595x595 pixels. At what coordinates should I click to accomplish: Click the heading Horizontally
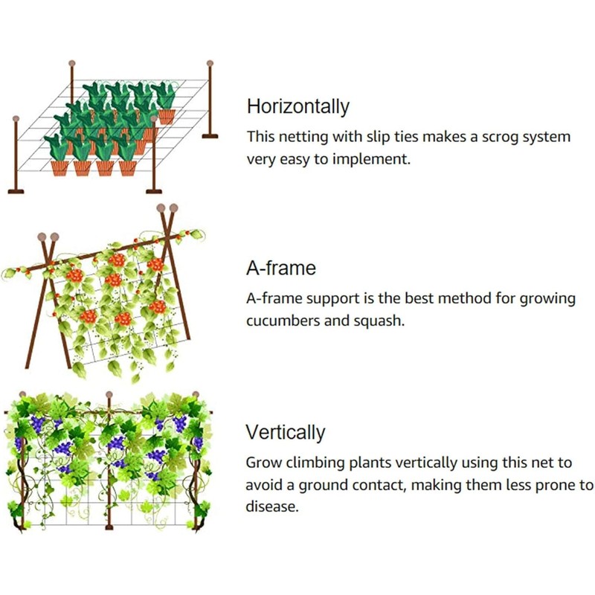pos(297,106)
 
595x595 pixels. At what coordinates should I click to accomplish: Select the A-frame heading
pos(281,268)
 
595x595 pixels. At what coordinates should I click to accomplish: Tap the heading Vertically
pos(286,432)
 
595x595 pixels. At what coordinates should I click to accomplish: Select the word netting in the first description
pos(304,138)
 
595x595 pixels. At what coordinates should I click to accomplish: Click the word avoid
pos(265,485)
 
